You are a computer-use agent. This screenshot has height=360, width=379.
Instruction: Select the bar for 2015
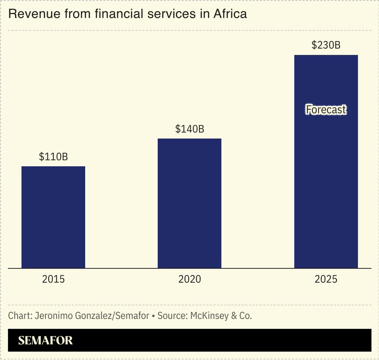point(53,217)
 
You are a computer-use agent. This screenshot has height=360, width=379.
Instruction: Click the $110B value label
point(53,157)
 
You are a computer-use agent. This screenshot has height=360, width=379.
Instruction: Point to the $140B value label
point(189,129)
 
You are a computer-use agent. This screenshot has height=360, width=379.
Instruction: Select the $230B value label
point(326,45)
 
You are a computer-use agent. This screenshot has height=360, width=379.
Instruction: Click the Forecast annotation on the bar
point(326,110)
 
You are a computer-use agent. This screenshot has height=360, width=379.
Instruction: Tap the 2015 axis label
point(53,279)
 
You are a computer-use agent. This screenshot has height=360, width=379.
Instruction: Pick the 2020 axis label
point(189,279)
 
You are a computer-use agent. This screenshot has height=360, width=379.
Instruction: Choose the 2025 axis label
point(326,279)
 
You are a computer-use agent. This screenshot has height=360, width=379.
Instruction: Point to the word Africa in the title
point(230,14)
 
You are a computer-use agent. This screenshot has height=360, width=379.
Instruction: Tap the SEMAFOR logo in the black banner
point(45,340)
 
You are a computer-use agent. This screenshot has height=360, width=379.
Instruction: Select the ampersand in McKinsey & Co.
point(234,316)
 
